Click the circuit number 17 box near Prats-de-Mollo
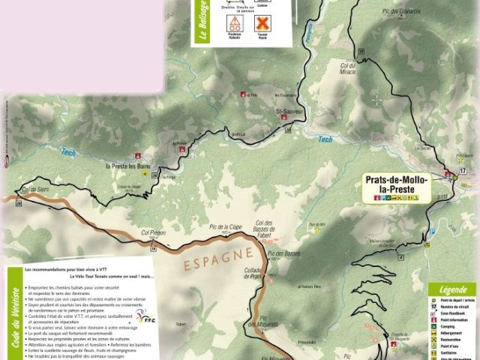463,171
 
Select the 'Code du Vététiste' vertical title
14,319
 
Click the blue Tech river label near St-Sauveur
324,139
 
